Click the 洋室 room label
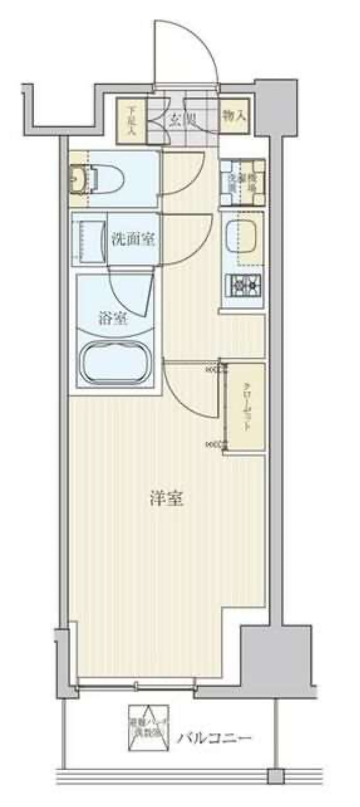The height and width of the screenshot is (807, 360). pos(166,498)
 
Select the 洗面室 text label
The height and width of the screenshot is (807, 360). pos(133,238)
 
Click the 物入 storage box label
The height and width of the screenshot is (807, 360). pos(234,116)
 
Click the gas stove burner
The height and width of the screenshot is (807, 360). pos(244,286)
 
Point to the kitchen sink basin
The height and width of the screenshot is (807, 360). pos(244,237)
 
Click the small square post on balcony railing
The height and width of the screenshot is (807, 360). pos(275,776)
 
